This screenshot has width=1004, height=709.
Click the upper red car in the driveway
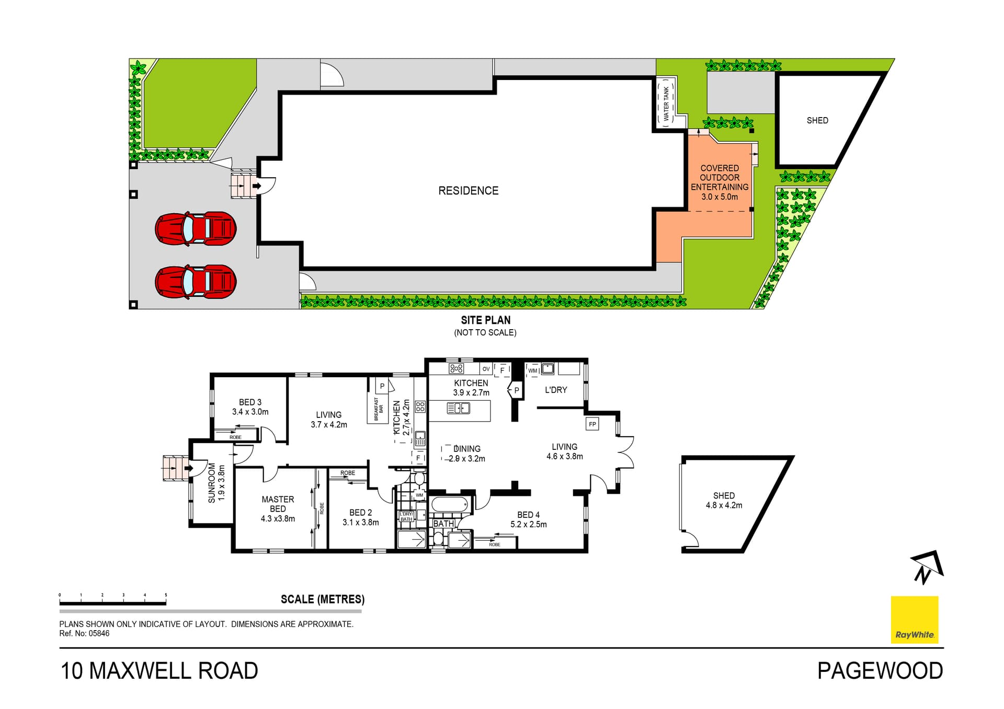tap(196, 228)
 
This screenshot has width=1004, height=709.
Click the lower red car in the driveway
tap(196, 282)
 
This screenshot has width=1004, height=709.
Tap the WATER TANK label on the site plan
tap(666, 104)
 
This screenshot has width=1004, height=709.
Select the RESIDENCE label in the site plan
tap(468, 191)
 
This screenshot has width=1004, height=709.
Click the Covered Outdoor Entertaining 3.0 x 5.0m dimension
tap(720, 197)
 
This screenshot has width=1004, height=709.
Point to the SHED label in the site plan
tap(817, 121)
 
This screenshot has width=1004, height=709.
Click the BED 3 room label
tap(250, 402)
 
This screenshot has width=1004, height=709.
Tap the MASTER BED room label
tap(278, 504)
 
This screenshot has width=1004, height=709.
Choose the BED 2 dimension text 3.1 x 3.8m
tap(361, 522)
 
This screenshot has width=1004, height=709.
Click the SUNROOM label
tap(212, 483)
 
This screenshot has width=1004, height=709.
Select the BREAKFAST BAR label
tap(378, 409)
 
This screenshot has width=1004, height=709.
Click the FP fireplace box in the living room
tap(592, 424)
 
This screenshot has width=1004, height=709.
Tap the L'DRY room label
tap(555, 390)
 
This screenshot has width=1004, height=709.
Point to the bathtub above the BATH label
tap(450, 505)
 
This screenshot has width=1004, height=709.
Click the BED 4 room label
tap(528, 515)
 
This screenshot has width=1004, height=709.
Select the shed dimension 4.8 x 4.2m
tap(724, 505)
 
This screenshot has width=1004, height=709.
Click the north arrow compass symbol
tap(927, 566)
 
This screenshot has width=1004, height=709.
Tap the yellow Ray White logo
tap(915, 620)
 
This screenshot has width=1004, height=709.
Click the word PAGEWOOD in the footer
tap(880, 671)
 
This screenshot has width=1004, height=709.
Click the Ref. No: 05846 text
tap(84, 633)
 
